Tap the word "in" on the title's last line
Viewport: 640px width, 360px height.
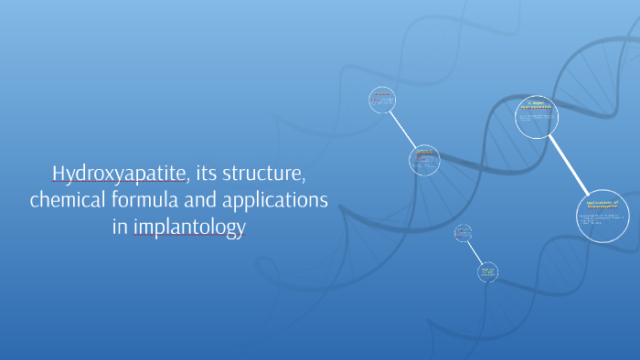click(x=119, y=227)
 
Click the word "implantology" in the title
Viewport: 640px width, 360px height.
click(x=190, y=228)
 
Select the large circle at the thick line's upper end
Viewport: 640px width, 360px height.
click(x=537, y=116)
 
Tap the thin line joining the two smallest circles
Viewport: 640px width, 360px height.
click(x=475, y=252)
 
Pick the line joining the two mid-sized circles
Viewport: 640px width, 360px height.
click(x=403, y=130)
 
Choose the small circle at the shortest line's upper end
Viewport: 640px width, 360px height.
click(x=464, y=233)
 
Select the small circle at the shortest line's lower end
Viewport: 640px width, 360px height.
click(x=487, y=271)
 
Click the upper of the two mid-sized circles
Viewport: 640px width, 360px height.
click(x=382, y=100)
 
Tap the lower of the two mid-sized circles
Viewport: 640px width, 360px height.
click(x=423, y=160)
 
